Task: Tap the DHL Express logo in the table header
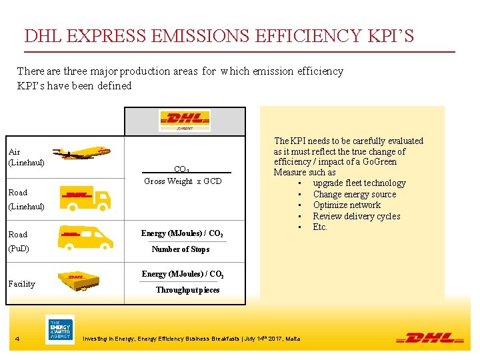pos(184,121)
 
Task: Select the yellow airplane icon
pos(81,153)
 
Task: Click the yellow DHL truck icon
pos(85,197)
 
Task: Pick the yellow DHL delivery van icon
pos(85,237)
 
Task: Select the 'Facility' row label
pos(21,284)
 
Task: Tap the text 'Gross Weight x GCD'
pos(183,181)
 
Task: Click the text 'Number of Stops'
pos(180,249)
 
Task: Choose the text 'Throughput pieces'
pos(187,290)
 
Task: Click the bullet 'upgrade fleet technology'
pos(359,183)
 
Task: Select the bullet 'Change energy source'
pos(354,195)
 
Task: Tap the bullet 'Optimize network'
pos(347,205)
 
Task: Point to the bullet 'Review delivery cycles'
pos(356,216)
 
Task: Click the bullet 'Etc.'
pos(320,227)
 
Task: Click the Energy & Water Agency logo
pos(59,329)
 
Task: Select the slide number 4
pos(17,339)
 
